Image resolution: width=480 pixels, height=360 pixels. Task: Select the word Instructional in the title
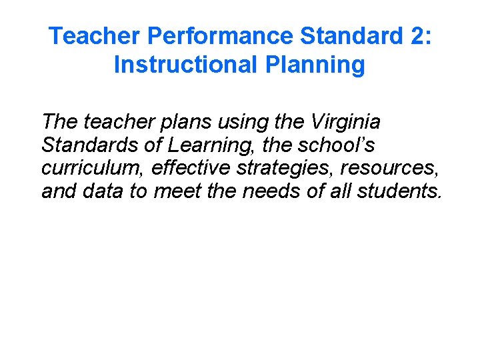184,65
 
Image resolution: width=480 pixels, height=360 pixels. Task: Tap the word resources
395,169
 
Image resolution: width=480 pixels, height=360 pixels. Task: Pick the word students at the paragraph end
399,192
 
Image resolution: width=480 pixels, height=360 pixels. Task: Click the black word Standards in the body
89,145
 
